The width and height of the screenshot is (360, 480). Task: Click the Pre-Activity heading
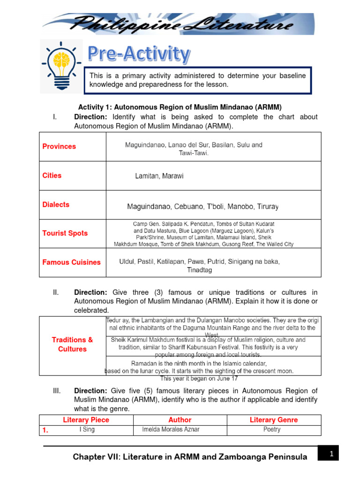(140, 54)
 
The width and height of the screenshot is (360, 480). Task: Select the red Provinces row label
(59, 146)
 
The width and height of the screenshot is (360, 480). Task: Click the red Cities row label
(52, 175)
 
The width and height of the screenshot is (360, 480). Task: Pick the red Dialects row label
(56, 204)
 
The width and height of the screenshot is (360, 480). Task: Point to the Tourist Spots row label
(65, 233)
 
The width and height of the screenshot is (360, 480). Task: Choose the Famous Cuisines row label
(71, 262)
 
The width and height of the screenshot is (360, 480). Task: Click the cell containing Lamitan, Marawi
(159, 176)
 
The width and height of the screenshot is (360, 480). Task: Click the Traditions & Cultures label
(72, 344)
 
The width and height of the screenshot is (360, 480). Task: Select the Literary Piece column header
(86, 420)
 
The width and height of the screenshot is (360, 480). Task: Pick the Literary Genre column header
(274, 420)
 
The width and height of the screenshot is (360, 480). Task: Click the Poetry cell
(272, 429)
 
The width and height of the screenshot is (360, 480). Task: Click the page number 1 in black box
(330, 453)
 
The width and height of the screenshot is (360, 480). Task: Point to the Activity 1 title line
(180, 107)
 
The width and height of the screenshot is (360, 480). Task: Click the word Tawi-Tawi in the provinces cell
(194, 153)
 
